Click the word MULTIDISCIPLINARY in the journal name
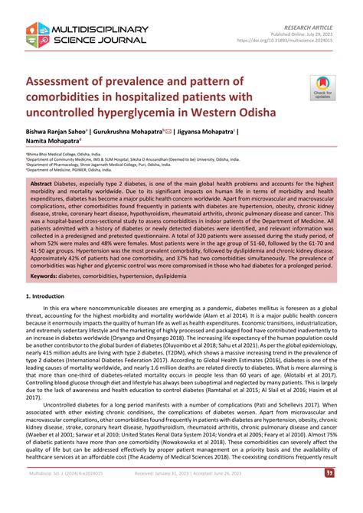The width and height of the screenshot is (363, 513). point(98,29)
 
